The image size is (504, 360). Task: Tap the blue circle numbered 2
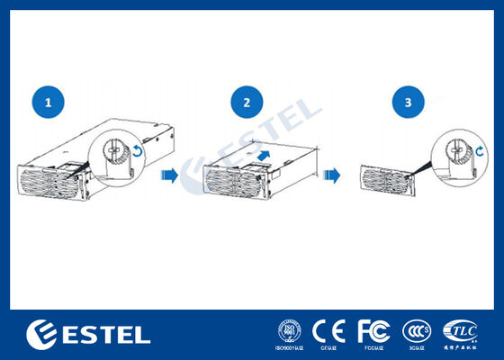(x=247, y=103)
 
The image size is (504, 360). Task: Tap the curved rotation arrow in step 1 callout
(x=137, y=152)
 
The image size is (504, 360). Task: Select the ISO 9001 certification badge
(x=289, y=330)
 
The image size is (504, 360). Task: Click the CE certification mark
(x=329, y=330)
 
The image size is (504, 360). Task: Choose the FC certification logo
(x=373, y=329)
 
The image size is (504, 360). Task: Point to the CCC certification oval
(x=416, y=330)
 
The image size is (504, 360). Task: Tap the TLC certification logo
(x=461, y=329)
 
